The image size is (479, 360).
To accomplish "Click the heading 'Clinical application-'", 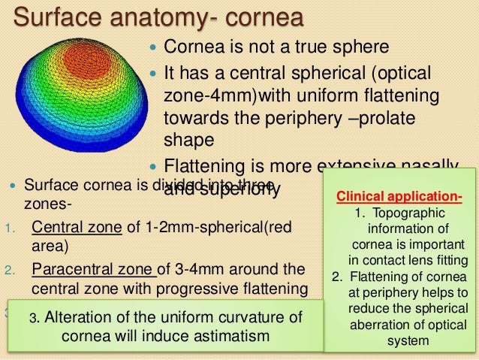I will point(398,198).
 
